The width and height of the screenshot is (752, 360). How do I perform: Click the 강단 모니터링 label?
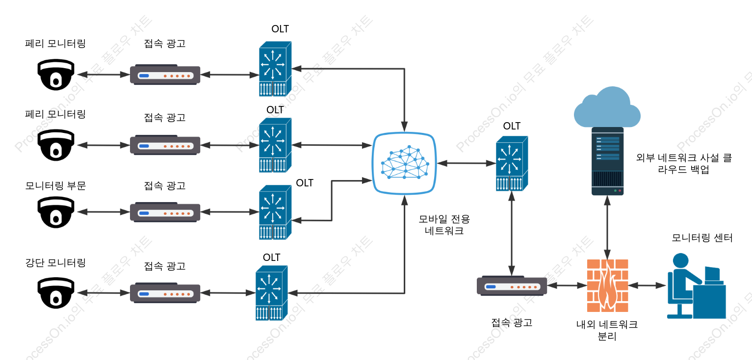tap(56, 262)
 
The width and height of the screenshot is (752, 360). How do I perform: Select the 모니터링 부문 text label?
tap(56, 185)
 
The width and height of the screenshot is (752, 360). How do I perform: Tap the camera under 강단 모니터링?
tap(56, 293)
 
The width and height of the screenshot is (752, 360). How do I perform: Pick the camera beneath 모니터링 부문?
tap(56, 212)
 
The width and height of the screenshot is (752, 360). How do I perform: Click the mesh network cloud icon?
tap(405, 163)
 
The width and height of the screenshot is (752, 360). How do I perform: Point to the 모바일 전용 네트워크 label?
tap(444, 225)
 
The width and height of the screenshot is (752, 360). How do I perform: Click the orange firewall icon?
tap(607, 285)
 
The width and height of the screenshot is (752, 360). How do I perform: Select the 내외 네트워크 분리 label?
tap(607, 330)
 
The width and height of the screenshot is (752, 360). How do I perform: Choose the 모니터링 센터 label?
tap(702, 237)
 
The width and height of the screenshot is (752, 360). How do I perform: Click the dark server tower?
tap(607, 161)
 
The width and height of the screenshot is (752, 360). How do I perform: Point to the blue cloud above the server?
tap(607, 107)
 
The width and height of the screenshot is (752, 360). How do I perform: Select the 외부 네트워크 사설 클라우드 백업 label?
tap(684, 163)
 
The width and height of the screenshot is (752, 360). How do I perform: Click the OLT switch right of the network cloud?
tap(512, 163)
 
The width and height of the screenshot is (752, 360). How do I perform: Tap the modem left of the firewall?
tap(512, 286)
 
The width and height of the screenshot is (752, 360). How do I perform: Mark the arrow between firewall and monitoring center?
tap(647, 285)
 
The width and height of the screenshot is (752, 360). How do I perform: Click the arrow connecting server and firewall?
tap(607, 227)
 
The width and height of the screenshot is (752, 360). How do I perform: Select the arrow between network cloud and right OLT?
tap(467, 163)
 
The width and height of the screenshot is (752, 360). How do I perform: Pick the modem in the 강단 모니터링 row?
tap(165, 293)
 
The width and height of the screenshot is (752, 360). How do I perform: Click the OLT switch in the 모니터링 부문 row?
tap(275, 212)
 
